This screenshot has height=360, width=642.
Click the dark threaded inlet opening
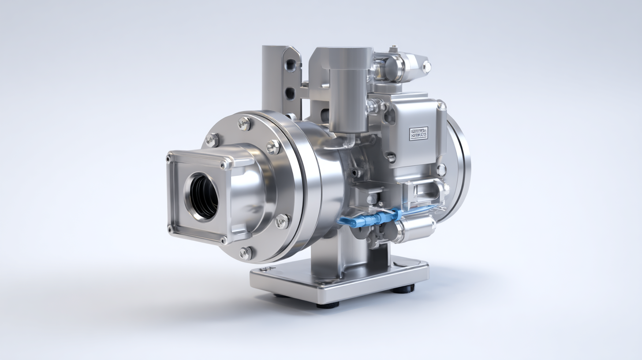[203, 196]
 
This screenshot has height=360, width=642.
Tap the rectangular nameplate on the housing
[418, 133]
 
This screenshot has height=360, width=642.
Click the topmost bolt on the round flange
[244, 124]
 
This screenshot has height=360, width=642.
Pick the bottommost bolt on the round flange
[246, 253]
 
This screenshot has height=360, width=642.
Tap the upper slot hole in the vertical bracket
[290, 65]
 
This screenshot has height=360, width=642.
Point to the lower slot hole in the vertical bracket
[290, 93]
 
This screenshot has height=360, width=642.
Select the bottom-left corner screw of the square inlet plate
[170, 229]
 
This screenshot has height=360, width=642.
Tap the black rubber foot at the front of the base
[328, 304]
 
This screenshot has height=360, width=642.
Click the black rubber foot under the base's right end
[403, 289]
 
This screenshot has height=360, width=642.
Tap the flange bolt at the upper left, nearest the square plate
[212, 140]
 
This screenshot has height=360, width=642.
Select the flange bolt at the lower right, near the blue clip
[282, 221]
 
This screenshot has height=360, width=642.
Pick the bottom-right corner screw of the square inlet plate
[224, 240]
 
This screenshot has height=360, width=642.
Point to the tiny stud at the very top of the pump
[393, 48]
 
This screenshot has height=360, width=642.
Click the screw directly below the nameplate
[390, 157]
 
